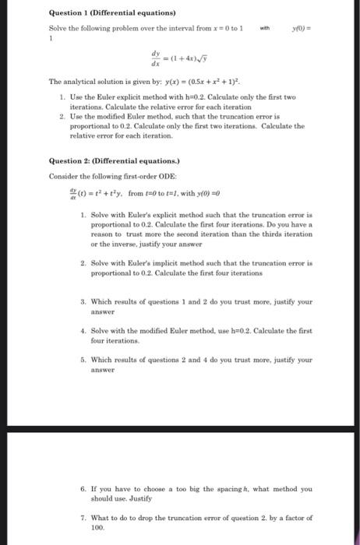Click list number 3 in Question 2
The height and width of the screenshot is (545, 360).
click(x=84, y=298)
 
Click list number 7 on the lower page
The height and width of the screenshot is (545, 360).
click(x=84, y=517)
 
